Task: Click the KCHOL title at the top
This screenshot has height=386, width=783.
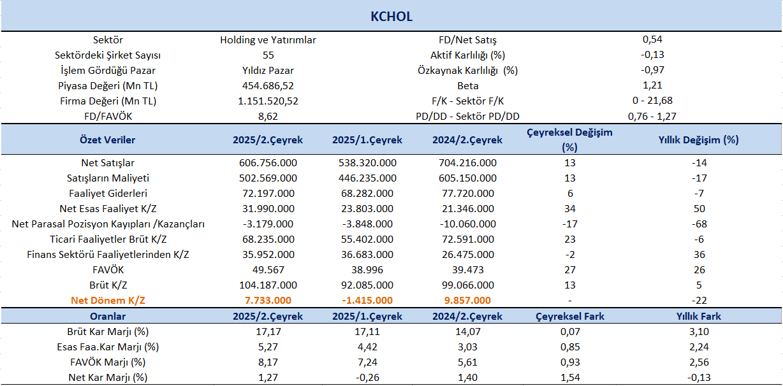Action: (391, 17)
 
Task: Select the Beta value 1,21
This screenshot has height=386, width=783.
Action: (652, 85)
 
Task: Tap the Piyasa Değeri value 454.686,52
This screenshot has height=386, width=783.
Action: (268, 85)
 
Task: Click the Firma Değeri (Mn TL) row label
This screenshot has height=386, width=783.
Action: (108, 101)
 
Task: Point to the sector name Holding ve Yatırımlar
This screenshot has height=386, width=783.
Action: (268, 40)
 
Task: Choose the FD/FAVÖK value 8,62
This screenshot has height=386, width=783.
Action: (268, 117)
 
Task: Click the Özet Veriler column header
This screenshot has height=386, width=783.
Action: (107, 139)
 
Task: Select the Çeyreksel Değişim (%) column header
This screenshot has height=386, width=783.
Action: (570, 139)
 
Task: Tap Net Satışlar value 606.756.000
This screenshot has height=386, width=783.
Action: (268, 163)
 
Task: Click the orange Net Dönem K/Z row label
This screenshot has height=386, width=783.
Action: (108, 301)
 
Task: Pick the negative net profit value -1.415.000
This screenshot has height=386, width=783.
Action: (367, 301)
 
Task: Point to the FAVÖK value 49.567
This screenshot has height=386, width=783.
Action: (268, 269)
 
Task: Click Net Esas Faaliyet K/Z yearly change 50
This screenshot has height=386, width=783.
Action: (699, 208)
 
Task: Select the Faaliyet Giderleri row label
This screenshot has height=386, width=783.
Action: (108, 193)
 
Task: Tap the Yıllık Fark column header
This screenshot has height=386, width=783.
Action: (698, 316)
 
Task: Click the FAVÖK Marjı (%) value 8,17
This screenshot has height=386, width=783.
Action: (268, 362)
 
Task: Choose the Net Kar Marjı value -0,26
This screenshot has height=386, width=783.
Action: (367, 377)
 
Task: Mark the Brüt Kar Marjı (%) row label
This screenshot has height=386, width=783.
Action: (108, 331)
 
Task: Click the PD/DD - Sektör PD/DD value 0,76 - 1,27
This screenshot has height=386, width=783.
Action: (652, 117)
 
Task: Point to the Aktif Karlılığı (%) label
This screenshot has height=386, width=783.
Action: (468, 55)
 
